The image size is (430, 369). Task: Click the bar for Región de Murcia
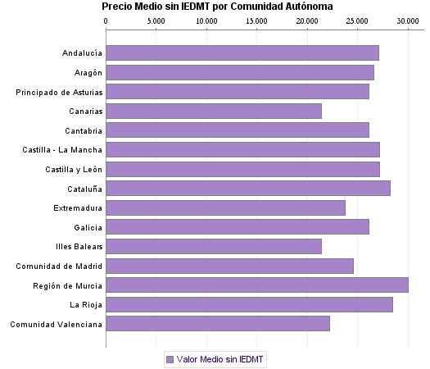point(257,285)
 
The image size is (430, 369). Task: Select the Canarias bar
point(214,111)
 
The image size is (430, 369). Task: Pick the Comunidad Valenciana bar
point(218,324)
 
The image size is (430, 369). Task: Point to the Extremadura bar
point(226,207)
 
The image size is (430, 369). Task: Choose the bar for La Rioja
point(249,305)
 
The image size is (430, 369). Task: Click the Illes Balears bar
point(214,246)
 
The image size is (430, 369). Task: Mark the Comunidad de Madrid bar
point(230,266)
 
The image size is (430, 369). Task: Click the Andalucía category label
point(82,53)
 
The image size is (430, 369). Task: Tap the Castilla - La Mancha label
point(63,150)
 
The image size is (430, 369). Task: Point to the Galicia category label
point(88,227)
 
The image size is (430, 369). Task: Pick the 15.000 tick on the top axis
point(257,20)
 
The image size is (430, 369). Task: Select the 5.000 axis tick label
point(156,20)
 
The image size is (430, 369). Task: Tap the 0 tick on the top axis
point(106,20)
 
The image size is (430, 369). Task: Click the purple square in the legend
point(170,359)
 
